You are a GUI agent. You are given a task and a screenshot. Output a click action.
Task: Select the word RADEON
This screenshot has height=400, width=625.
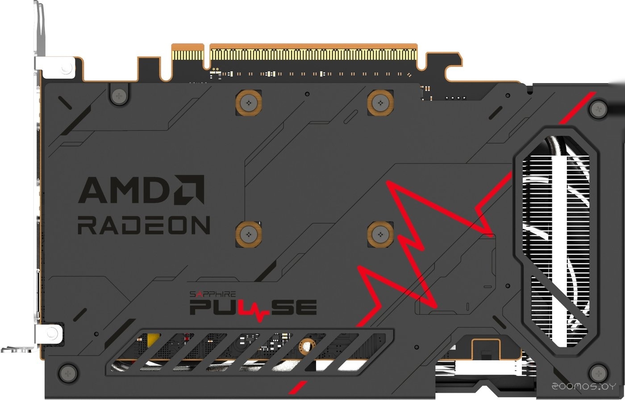(x=143, y=225)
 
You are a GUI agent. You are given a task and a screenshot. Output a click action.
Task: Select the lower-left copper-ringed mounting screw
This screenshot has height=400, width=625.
(x=248, y=233)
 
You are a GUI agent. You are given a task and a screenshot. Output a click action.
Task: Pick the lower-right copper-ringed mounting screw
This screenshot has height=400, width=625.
(x=380, y=233)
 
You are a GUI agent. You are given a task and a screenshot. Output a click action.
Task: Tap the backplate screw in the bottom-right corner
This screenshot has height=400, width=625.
(x=597, y=371)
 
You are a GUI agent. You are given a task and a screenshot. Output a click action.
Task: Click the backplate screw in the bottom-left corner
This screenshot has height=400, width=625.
(x=67, y=371)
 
